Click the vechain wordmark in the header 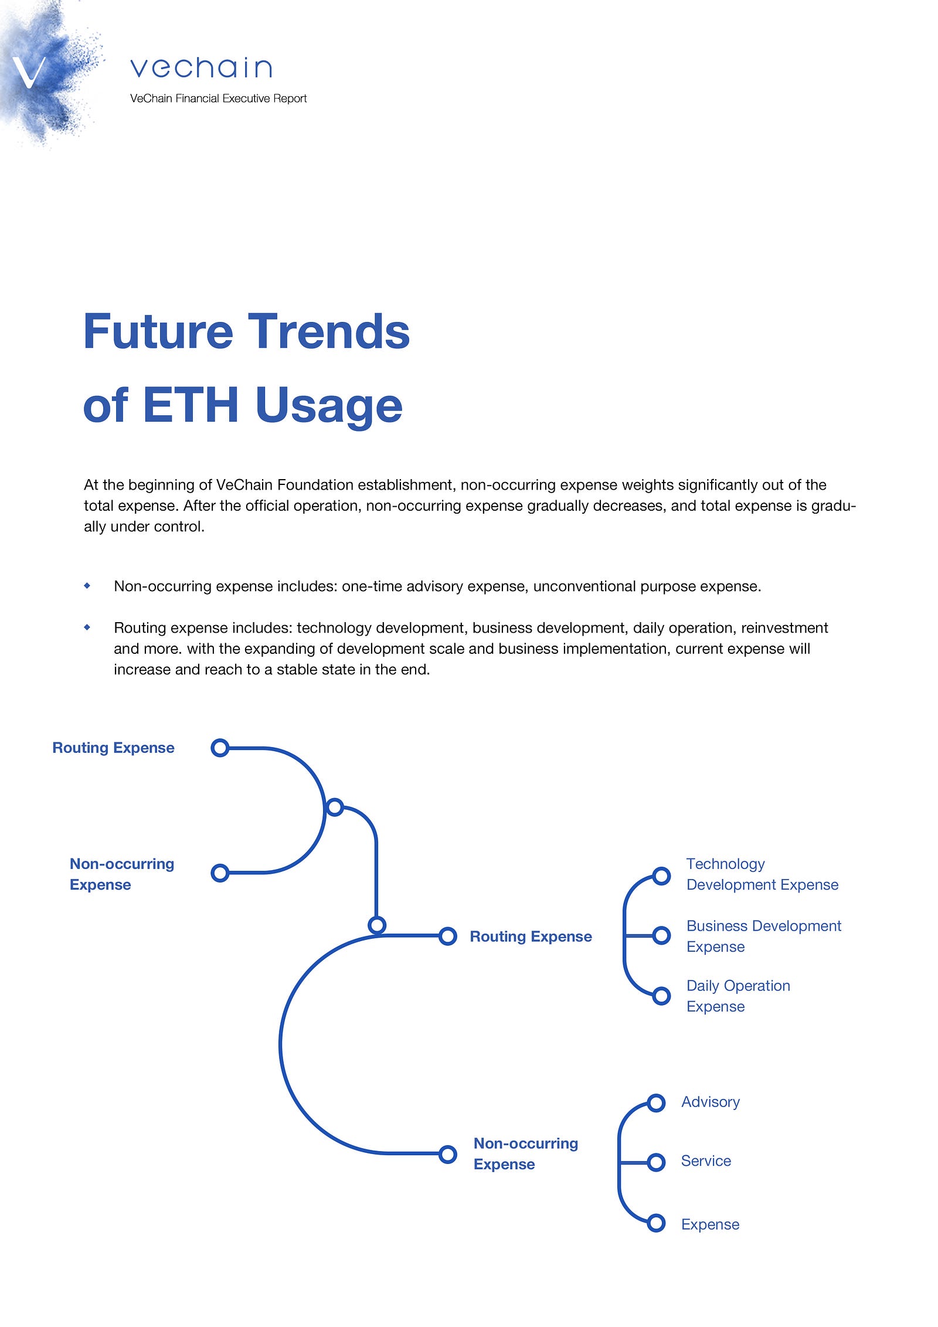(201, 68)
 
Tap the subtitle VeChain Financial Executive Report (218, 99)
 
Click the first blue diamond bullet (87, 585)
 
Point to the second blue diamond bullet (87, 627)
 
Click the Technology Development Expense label (762, 874)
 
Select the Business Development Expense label (764, 936)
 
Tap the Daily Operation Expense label (738, 996)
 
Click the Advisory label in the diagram (710, 1102)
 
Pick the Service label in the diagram (706, 1161)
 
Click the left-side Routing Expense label (113, 748)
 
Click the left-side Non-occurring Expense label (122, 874)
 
